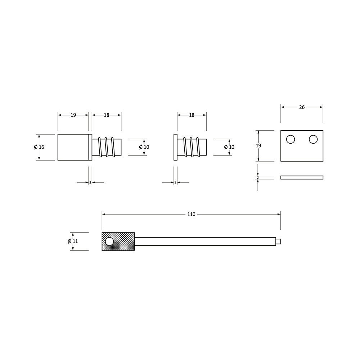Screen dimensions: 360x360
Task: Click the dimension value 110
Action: [191, 214]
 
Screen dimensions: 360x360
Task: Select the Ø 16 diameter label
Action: [39, 147]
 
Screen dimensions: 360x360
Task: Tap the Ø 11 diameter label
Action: [73, 241]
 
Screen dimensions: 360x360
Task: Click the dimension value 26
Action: [302, 107]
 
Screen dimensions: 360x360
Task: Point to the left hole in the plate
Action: [291, 139]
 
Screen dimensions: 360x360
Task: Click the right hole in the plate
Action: [313, 139]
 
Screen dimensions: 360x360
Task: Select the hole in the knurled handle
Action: [109, 242]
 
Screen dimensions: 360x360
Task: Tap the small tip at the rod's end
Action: [278, 241]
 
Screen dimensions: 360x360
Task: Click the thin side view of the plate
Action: [302, 177]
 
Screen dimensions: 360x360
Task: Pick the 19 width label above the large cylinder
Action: [73, 115]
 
